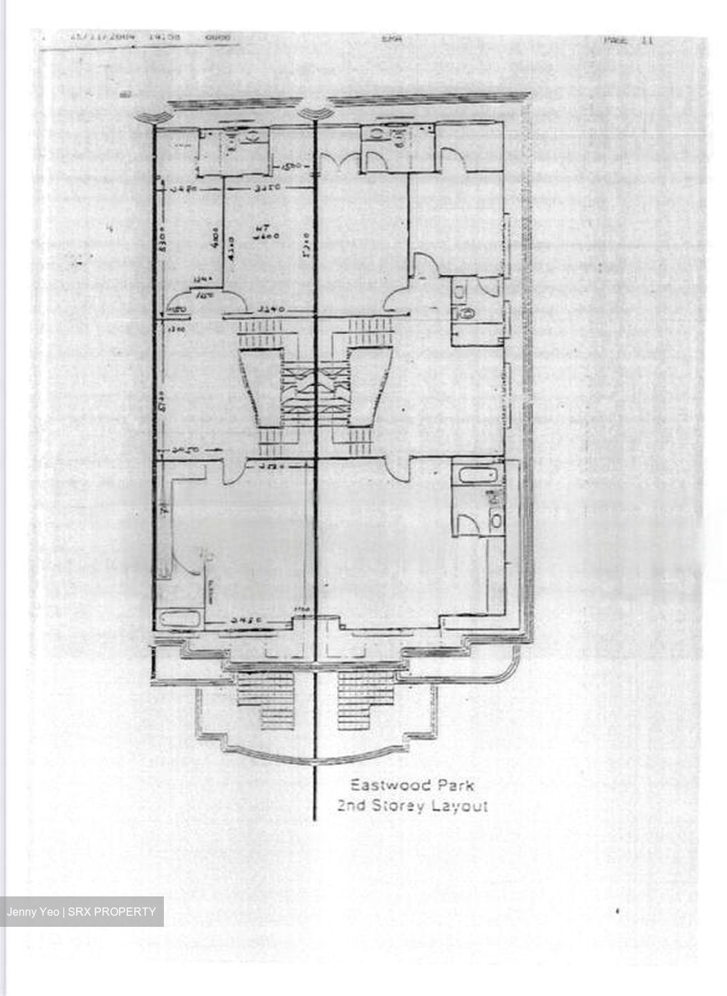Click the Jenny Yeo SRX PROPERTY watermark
click(82, 912)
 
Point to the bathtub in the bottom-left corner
click(178, 618)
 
